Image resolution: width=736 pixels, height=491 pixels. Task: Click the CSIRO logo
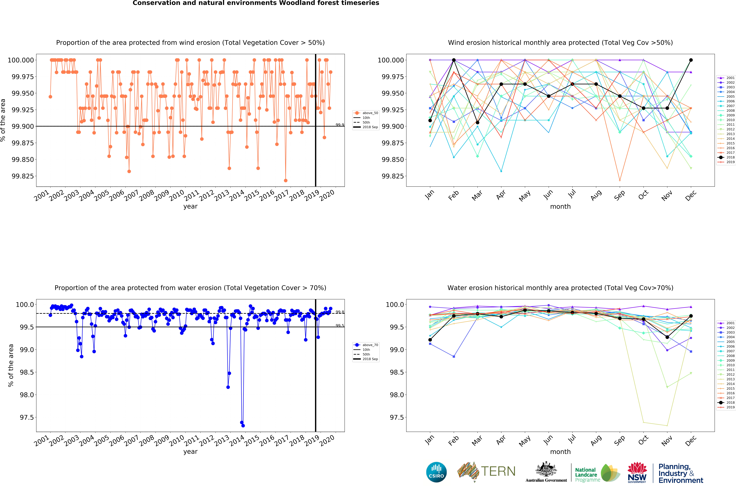coord(436,472)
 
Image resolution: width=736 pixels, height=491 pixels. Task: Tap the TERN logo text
coord(498,471)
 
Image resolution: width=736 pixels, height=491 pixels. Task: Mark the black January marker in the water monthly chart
coord(430,340)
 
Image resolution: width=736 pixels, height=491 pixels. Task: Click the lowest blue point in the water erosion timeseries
coord(243,426)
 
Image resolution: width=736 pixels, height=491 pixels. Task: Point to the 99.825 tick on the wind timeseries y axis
coord(23,176)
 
